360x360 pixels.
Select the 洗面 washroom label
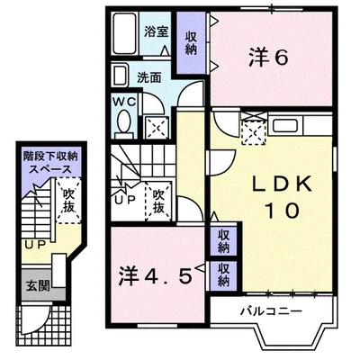point(149,77)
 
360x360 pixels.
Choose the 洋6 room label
point(267,58)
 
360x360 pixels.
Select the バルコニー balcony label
point(270,311)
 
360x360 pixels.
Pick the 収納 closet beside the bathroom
point(191,41)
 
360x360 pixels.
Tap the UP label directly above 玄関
point(34,243)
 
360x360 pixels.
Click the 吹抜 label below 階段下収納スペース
point(68,199)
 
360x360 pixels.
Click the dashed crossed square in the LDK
point(255,132)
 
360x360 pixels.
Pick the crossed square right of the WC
point(157,127)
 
